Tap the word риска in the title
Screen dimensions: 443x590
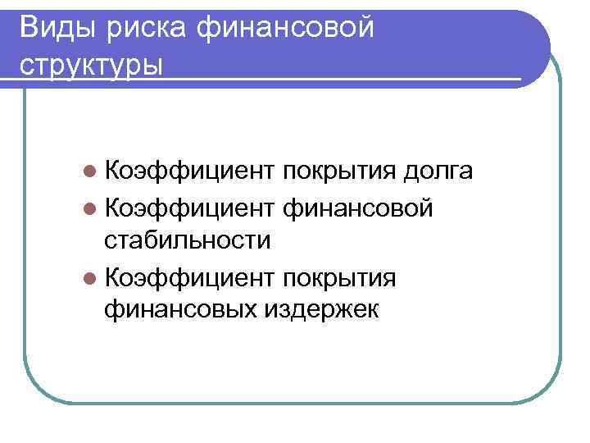pos(141,27)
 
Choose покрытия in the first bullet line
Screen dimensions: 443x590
pos(338,171)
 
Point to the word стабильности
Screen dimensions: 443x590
pos(188,240)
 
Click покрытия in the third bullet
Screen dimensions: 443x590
pos(338,277)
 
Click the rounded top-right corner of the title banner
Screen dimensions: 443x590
pos(537,25)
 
